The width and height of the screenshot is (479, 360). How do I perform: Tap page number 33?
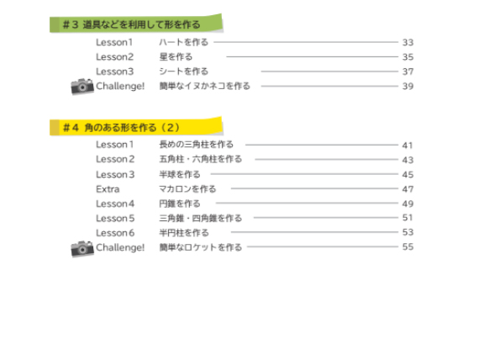tap(408, 42)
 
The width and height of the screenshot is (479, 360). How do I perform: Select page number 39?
tap(408, 87)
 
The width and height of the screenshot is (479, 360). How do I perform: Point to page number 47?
tap(408, 189)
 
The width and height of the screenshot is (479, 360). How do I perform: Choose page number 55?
tap(408, 246)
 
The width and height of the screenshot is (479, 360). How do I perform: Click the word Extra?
tap(108, 189)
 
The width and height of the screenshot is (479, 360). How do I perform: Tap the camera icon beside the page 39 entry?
tap(82, 87)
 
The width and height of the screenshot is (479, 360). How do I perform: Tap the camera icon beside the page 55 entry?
tap(82, 248)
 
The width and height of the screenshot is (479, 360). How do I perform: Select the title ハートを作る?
tap(183, 42)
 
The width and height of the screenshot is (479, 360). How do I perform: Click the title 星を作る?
tap(176, 56)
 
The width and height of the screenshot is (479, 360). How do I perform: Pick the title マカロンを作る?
tap(187, 189)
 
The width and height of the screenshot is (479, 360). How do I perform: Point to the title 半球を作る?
tap(180, 174)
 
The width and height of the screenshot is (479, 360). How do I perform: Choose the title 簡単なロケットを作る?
tap(200, 247)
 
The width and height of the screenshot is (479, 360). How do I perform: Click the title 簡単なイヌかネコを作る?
tap(204, 86)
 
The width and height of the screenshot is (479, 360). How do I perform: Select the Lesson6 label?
tap(115, 233)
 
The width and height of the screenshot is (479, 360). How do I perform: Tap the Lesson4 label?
tap(115, 204)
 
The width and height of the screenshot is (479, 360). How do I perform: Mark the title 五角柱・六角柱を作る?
tap(200, 159)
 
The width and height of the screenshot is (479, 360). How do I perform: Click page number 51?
tap(408, 218)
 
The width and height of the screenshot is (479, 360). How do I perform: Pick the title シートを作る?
tap(183, 71)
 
